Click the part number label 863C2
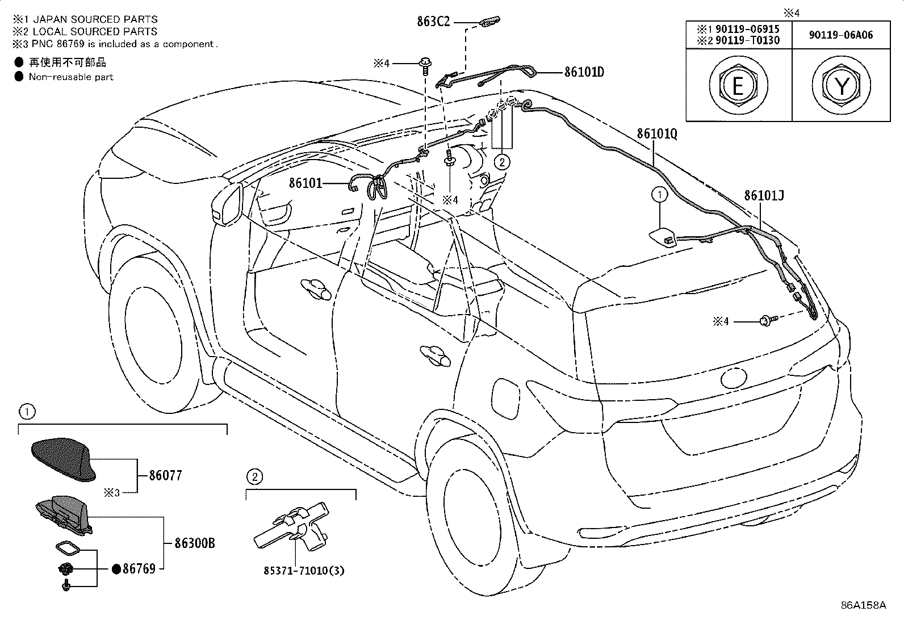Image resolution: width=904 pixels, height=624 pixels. coord(433,22)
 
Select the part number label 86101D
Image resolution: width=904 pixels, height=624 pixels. coord(584,72)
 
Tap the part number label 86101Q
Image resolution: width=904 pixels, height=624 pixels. coord(657,133)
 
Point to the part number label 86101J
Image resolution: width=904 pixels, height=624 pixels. coord(764,196)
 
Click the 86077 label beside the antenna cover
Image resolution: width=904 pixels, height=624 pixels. coord(165,475)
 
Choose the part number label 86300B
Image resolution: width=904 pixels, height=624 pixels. coord(195,544)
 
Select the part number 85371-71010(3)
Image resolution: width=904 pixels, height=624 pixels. coord(304,571)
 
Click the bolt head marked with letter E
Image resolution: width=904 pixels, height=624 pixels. coord(738,86)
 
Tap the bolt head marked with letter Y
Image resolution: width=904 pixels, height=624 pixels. coord(842,86)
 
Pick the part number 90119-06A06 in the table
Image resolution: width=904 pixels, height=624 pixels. coord(840,35)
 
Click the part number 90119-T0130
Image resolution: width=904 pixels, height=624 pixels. coord(747,40)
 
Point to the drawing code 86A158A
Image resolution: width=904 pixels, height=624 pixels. coord(863,605)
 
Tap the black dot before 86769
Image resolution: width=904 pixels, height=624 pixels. coord(116,569)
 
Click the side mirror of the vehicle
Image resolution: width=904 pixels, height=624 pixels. coord(227,204)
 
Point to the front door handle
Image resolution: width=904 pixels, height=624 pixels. coord(316,288)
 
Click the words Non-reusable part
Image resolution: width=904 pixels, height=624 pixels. coord(71,77)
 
